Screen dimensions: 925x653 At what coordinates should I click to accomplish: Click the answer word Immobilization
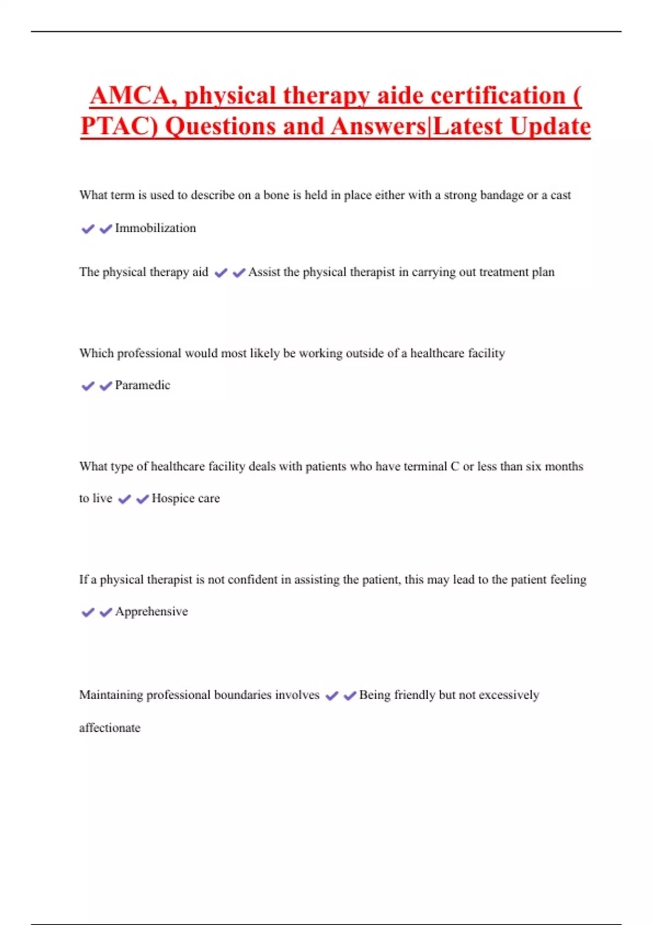[x=155, y=228]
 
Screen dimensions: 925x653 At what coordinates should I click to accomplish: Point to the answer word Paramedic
[x=143, y=385]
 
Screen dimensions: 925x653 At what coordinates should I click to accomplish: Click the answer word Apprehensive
[x=151, y=612]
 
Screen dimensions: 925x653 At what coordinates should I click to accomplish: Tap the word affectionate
[x=109, y=728]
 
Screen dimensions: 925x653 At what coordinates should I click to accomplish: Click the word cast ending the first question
[x=560, y=195]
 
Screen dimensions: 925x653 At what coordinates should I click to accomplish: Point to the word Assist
[x=264, y=272]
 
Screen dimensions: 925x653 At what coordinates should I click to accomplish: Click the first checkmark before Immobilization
[x=88, y=229]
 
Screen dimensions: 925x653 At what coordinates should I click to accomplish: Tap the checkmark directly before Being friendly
[x=350, y=695]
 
